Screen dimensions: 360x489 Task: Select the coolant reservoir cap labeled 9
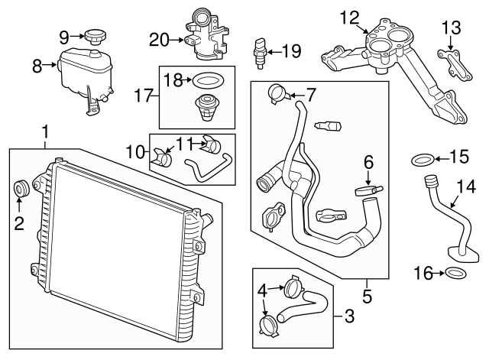(x=96, y=36)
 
